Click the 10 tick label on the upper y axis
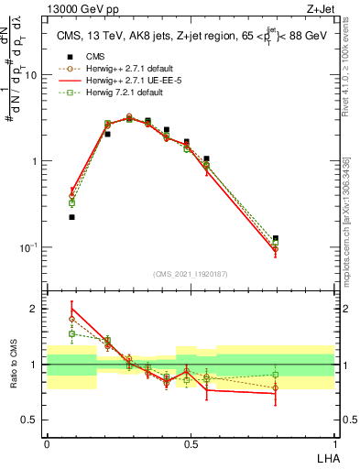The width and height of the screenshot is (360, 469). click(x=30, y=76)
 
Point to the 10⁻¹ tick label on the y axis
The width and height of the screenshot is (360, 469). click(x=28, y=247)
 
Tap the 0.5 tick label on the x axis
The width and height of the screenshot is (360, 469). click(x=191, y=442)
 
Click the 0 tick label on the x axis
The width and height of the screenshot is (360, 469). click(x=47, y=442)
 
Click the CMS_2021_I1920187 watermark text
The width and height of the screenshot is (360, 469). click(x=191, y=273)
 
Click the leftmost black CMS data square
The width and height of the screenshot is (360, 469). click(x=71, y=217)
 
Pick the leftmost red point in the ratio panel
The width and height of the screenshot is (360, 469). click(x=71, y=310)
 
